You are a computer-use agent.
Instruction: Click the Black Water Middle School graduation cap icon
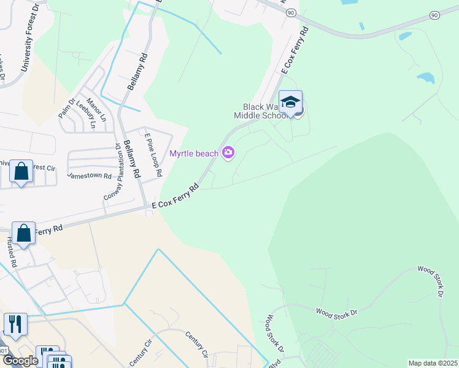coord(290,102)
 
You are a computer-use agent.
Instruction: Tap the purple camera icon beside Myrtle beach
coord(228,153)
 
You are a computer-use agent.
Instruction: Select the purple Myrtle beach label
coord(195,153)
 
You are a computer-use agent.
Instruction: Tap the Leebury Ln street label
coord(86,115)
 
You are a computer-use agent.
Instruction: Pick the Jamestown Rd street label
coord(89,175)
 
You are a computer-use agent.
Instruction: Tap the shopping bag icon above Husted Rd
coord(23,234)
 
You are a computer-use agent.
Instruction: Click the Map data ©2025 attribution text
coord(432,363)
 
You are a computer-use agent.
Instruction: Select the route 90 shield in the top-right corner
coord(434,15)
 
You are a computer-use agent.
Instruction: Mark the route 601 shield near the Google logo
coord(4,350)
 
